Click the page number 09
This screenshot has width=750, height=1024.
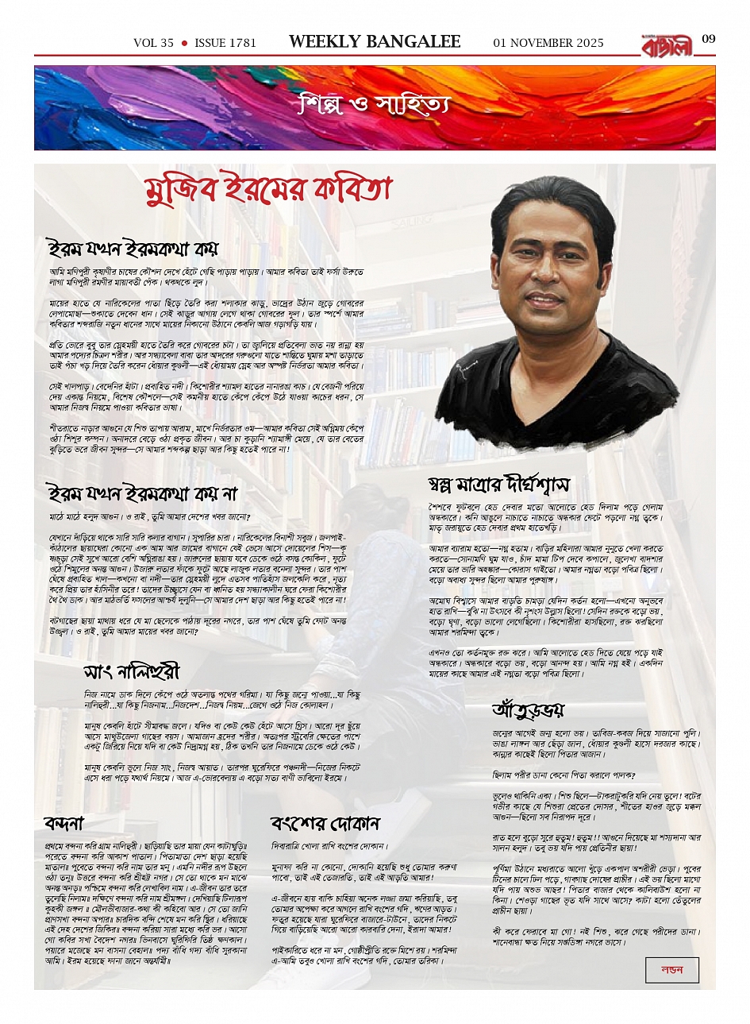tap(709, 39)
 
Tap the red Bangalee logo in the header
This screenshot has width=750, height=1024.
tap(667, 44)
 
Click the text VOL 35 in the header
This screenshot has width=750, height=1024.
tap(153, 43)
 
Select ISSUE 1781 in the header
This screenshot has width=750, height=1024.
tap(225, 43)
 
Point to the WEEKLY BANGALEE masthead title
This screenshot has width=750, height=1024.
tap(375, 42)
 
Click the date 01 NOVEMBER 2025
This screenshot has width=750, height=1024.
tap(548, 43)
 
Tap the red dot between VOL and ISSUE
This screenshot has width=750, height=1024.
tap(184, 43)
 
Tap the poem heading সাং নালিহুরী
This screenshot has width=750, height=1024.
tap(132, 671)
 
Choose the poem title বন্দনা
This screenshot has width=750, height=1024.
tap(64, 822)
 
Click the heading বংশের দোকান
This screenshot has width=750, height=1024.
tap(325, 822)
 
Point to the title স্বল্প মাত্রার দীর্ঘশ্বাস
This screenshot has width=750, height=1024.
tap(498, 484)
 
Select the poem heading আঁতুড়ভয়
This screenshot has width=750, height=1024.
tap(528, 709)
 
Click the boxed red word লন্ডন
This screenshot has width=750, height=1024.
tap(671, 970)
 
